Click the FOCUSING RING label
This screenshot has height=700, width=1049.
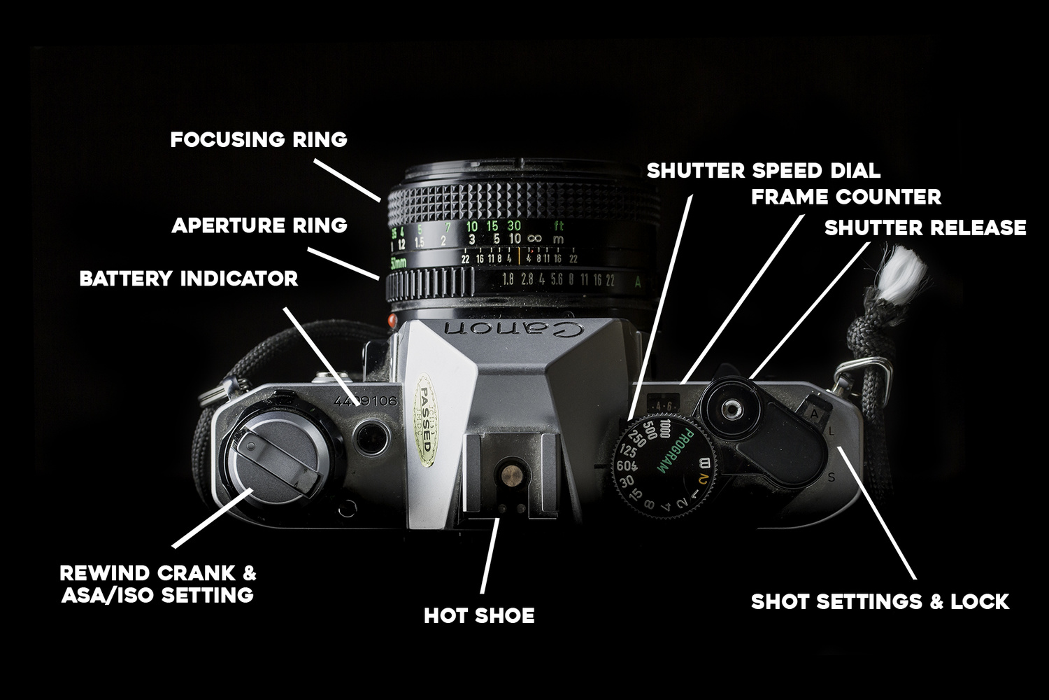(259, 139)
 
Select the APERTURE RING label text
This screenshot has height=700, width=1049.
(259, 225)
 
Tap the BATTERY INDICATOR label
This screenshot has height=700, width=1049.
(189, 279)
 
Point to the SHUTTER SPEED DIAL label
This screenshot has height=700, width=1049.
(763, 171)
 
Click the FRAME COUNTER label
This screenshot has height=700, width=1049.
(846, 197)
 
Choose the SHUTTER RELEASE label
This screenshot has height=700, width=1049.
(925, 228)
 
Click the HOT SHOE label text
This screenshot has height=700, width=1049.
(479, 616)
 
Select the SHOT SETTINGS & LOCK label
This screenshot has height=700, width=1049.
(880, 601)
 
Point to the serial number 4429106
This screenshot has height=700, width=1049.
(366, 402)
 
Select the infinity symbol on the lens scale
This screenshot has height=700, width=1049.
(535, 239)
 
